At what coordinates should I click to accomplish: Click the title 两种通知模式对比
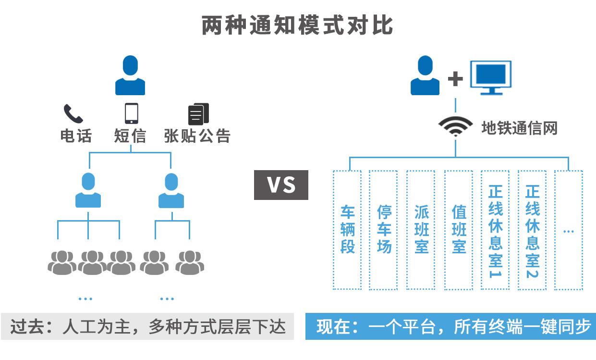click(298, 25)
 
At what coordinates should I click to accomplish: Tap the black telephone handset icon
click(73, 114)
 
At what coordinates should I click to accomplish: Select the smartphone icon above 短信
click(131, 114)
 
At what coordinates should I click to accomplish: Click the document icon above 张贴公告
click(198, 114)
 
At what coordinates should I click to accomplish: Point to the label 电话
click(75, 136)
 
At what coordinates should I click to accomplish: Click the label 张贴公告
click(197, 136)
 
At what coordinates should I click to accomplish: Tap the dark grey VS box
click(281, 185)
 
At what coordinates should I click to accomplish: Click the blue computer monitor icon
click(490, 77)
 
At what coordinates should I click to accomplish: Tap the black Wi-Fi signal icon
click(455, 127)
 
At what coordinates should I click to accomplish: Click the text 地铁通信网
click(519, 128)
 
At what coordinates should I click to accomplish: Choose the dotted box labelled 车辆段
click(347, 230)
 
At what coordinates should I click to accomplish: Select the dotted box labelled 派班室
click(421, 230)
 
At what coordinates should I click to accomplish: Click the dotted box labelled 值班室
click(459, 230)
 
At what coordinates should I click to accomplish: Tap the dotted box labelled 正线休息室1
click(495, 230)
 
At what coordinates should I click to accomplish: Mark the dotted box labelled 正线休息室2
click(532, 230)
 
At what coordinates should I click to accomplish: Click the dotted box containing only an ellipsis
click(569, 230)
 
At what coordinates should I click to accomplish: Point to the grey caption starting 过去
click(147, 327)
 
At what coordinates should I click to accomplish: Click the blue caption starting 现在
click(450, 327)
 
